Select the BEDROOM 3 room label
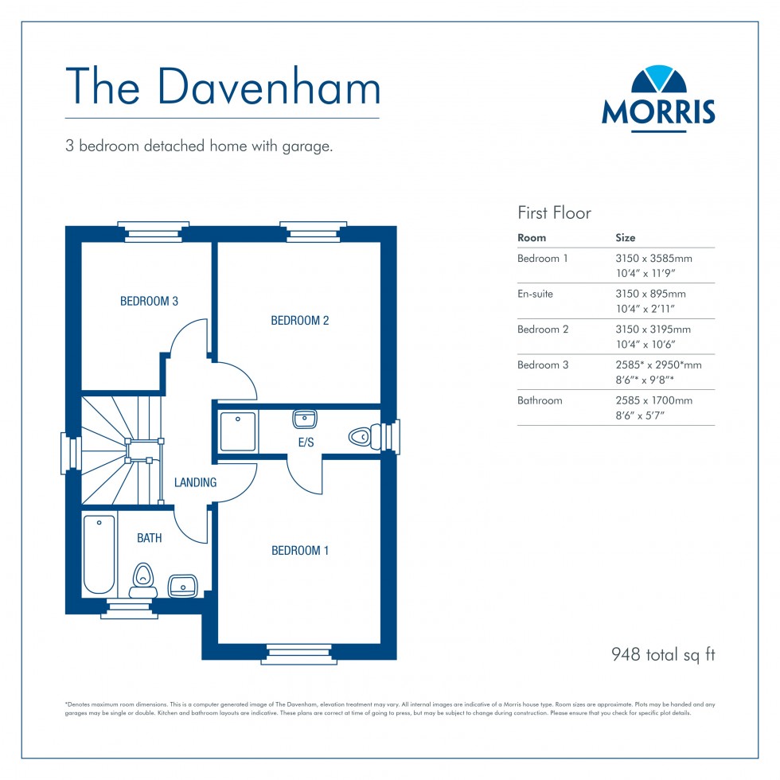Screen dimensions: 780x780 (149, 302)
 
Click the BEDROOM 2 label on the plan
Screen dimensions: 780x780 (299, 321)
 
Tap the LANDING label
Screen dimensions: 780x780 (195, 482)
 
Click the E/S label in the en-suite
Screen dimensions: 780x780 (306, 443)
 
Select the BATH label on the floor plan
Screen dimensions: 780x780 (149, 538)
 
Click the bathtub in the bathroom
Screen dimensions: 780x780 (99, 555)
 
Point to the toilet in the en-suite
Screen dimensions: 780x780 (361, 436)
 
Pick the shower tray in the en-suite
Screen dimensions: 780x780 (238, 431)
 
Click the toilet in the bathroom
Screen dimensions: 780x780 (143, 579)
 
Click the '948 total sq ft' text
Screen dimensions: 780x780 (663, 655)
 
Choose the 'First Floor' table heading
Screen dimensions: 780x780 (554, 213)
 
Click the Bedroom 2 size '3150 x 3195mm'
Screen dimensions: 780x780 (653, 330)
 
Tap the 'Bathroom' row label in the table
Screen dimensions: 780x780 (540, 400)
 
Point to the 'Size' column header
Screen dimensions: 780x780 (626, 238)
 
